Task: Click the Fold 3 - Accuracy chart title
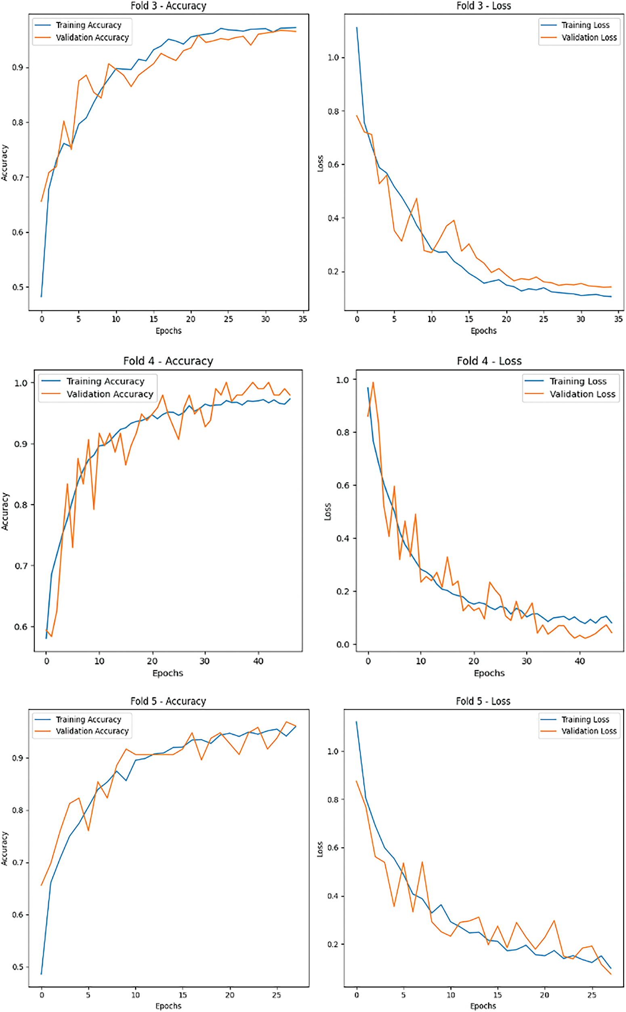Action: click(x=168, y=6)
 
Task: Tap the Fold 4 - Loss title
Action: click(x=489, y=361)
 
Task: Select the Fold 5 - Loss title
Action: click(x=483, y=701)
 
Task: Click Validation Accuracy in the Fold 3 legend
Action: click(x=92, y=38)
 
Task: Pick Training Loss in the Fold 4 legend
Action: click(x=578, y=381)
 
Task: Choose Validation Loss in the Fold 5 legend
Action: click(x=589, y=731)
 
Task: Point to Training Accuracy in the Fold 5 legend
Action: click(x=88, y=720)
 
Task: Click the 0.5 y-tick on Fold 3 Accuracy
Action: click(x=18, y=287)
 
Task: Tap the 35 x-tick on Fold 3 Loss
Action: click(x=618, y=319)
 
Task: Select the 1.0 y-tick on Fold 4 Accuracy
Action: click(x=21, y=383)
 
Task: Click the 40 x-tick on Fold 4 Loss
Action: click(x=580, y=661)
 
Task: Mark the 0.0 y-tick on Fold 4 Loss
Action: click(x=343, y=645)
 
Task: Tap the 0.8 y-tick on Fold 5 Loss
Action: click(x=333, y=800)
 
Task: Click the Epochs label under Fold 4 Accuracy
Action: click(x=168, y=673)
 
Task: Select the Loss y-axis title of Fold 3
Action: click(x=320, y=164)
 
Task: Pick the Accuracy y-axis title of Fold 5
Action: click(x=4, y=848)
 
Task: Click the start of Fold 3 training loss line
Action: click(x=357, y=28)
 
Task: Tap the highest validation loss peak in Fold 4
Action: click(x=373, y=383)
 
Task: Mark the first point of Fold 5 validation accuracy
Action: click(x=42, y=885)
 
